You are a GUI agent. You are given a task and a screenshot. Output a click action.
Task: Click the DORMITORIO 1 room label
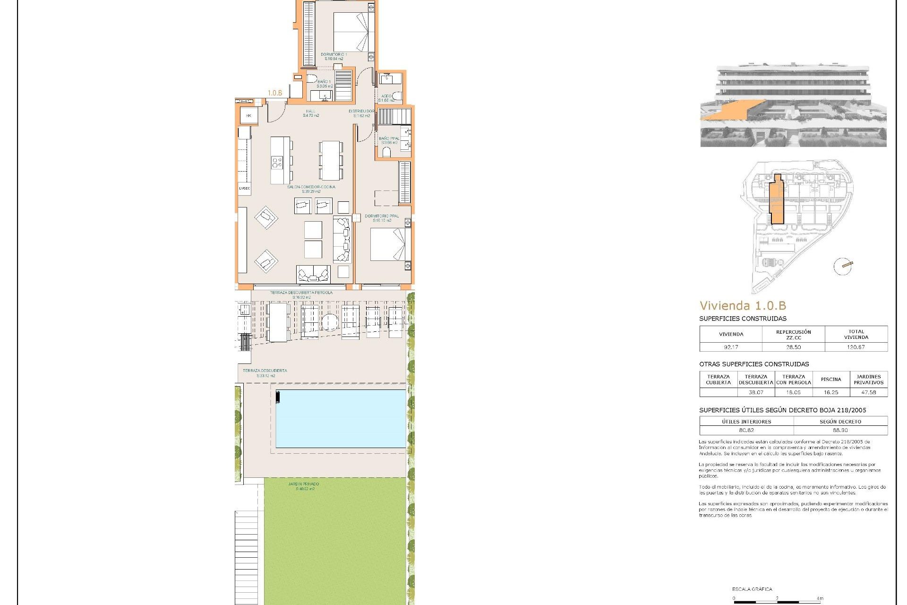tap(334, 54)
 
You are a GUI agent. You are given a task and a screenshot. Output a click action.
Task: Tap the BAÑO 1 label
tap(324, 82)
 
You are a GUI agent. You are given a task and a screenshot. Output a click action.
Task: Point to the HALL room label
tap(310, 112)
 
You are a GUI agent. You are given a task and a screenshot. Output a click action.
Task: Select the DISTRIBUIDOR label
tap(361, 112)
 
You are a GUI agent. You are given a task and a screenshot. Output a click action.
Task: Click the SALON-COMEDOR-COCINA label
tap(311, 187)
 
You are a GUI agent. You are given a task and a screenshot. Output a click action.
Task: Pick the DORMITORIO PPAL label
tap(382, 216)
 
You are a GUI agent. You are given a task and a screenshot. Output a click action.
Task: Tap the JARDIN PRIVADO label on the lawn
tap(304, 484)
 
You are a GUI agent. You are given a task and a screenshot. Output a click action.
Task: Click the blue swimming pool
tap(341, 419)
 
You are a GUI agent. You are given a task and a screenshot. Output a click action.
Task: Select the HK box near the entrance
tap(248, 115)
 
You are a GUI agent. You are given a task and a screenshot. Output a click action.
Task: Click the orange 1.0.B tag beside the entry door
tap(275, 93)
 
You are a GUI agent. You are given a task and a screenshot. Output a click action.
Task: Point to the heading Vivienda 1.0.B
tap(743, 306)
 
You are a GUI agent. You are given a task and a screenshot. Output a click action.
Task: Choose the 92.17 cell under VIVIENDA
tap(731, 347)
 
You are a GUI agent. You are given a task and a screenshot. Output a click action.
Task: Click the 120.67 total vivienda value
tap(856, 347)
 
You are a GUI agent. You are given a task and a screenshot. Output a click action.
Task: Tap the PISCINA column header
tap(831, 379)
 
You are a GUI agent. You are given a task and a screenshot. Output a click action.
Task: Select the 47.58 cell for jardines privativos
tap(868, 392)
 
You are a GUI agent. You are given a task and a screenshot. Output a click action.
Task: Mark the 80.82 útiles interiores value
tap(746, 431)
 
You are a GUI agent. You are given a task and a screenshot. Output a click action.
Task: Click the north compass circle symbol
tap(842, 267)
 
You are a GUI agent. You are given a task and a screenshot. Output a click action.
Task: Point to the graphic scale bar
tap(778, 602)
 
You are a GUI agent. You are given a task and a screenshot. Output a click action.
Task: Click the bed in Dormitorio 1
tap(353, 32)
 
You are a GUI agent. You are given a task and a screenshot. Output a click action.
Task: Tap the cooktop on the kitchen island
tap(277, 163)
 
